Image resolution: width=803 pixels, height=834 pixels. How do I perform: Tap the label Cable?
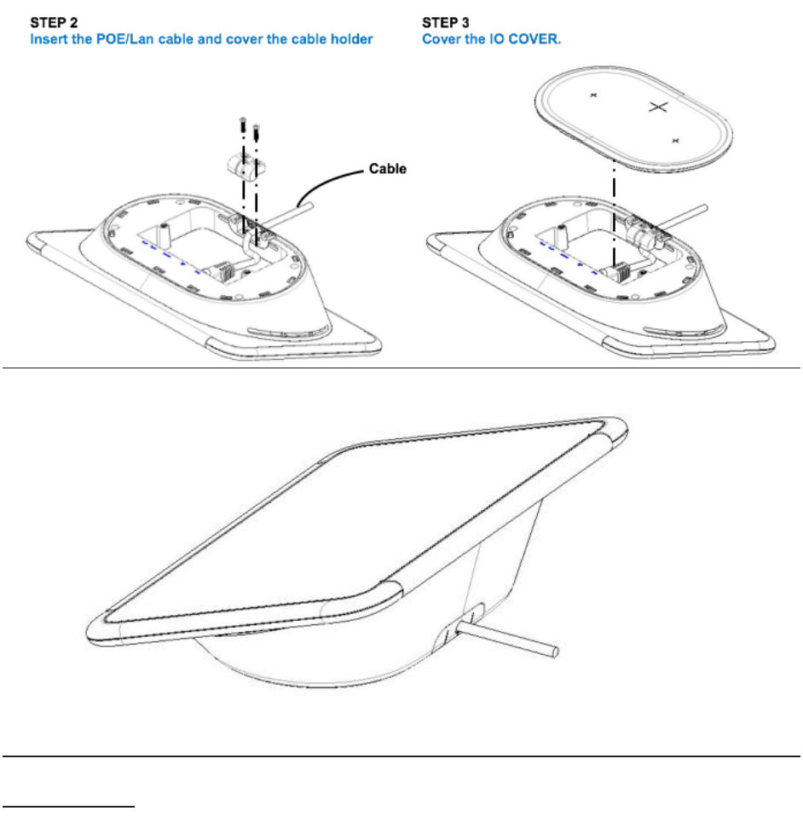pyautogui.click(x=388, y=169)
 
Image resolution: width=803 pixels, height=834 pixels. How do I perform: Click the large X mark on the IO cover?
pyautogui.click(x=656, y=107)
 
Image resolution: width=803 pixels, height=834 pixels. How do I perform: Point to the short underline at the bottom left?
pyautogui.click(x=69, y=804)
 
